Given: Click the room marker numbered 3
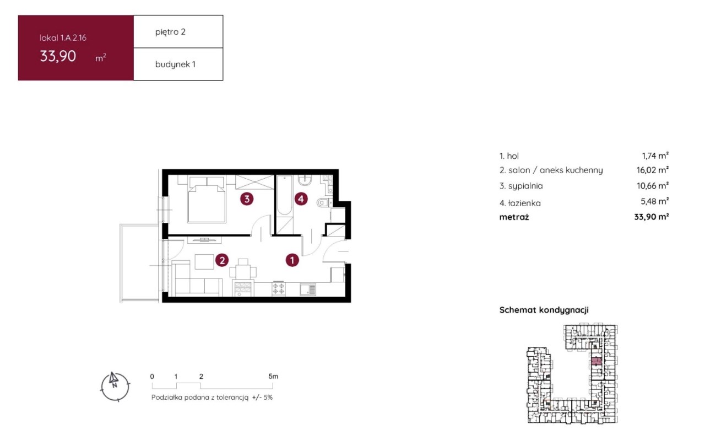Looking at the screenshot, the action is (247, 199).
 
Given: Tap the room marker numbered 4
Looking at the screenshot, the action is (301, 199).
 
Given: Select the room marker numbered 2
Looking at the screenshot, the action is (222, 260).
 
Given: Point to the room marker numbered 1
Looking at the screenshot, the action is (292, 260).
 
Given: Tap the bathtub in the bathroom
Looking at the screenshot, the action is (285, 195).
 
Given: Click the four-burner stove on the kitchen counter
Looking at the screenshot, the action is (279, 289).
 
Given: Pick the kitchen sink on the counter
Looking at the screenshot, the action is (307, 289).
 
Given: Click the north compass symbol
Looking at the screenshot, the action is (115, 387).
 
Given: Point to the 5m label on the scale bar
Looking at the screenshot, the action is (273, 376).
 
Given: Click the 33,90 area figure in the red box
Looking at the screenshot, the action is (58, 56).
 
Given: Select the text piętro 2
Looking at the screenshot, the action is (170, 32).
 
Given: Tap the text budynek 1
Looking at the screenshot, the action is (175, 65).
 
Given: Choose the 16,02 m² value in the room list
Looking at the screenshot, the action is (653, 170).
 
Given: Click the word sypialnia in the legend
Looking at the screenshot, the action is (525, 186).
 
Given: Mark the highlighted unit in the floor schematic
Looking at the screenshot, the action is (596, 361).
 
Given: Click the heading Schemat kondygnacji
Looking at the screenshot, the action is (544, 310).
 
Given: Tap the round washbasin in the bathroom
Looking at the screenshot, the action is (305, 180).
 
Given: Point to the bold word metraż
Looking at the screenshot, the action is (514, 217).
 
